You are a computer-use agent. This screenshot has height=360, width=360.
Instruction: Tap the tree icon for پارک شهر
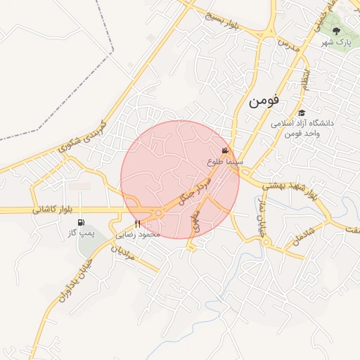pos(336,31)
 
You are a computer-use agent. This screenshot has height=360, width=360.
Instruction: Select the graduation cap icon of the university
pos(302,112)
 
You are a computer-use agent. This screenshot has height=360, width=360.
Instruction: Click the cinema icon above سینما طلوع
pos(225,150)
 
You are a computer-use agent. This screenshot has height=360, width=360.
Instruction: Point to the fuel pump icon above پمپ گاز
pos(80,222)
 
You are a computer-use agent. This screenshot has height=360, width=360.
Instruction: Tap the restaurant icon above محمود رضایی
pos(138,224)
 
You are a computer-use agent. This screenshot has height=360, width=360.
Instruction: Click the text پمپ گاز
pos(81,233)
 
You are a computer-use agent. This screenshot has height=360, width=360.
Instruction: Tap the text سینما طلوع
pos(225,162)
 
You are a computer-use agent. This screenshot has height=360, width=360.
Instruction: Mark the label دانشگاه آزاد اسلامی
pos(305,122)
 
